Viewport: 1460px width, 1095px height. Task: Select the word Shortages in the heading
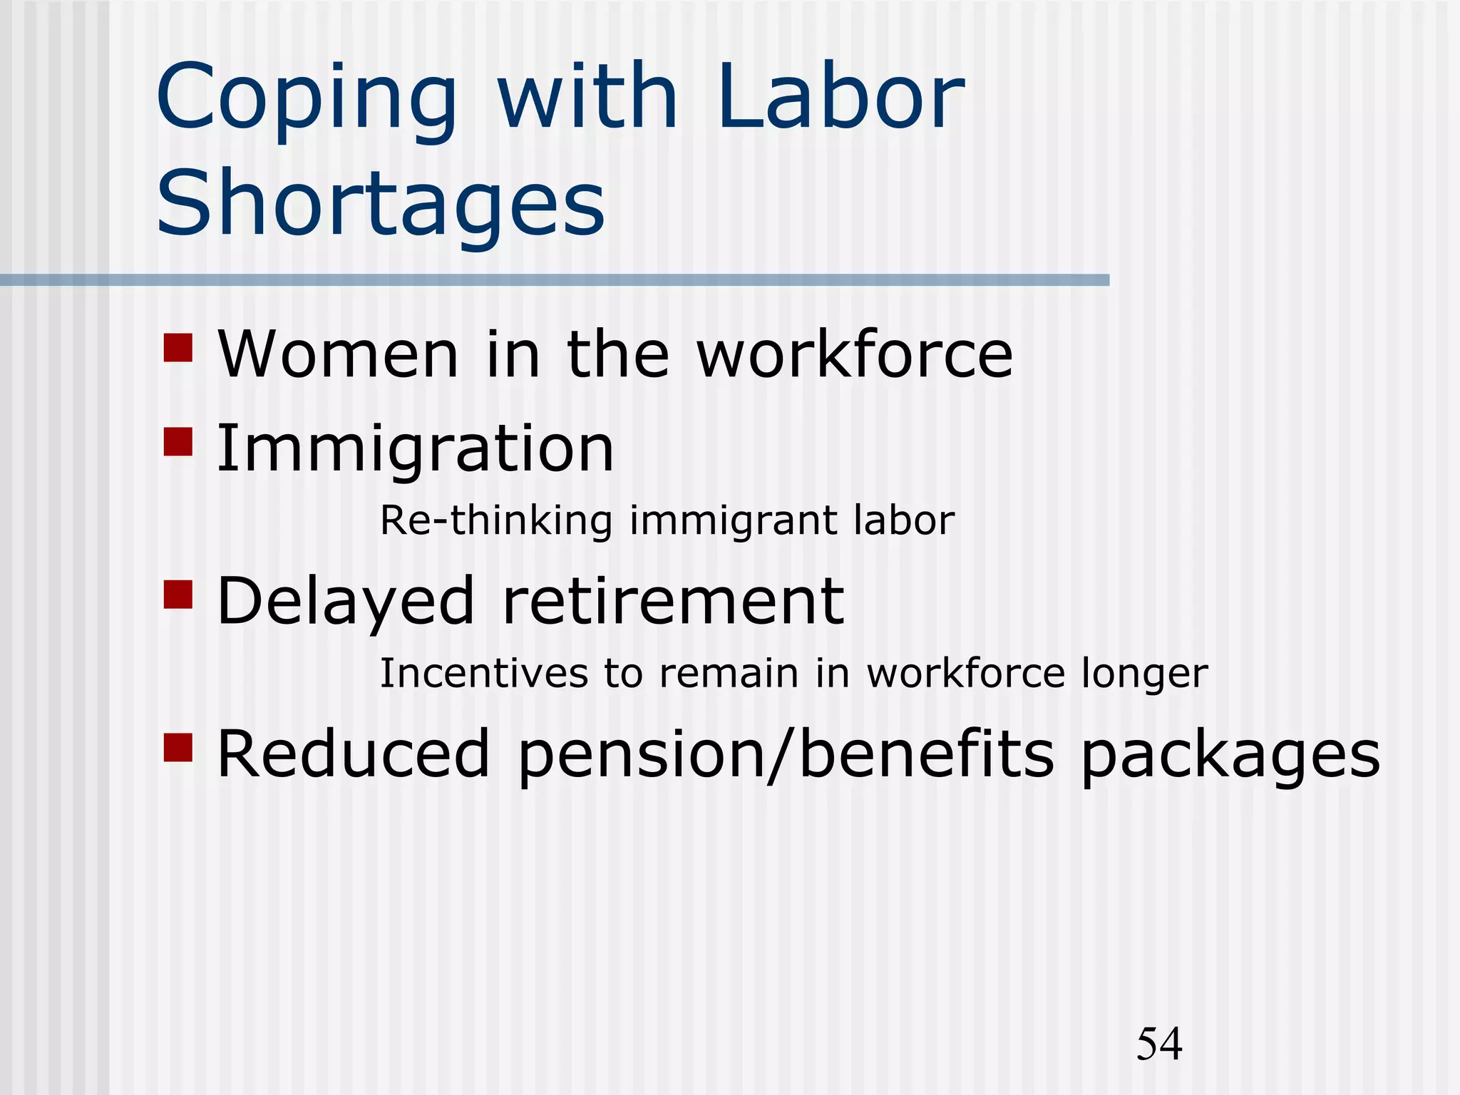pos(381,203)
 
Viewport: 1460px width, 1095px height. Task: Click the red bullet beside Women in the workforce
pos(178,348)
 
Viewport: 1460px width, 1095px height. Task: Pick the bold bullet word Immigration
pos(415,449)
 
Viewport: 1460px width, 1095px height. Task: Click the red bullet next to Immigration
pos(178,441)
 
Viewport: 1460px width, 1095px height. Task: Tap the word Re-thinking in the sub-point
pos(496,520)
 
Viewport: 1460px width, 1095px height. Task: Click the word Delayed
pos(346,602)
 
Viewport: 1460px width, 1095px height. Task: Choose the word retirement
pos(674,602)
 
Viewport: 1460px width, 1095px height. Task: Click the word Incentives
pos(484,674)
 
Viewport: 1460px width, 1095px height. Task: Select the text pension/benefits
pos(785,756)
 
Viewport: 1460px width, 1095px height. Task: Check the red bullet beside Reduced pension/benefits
pos(178,747)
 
